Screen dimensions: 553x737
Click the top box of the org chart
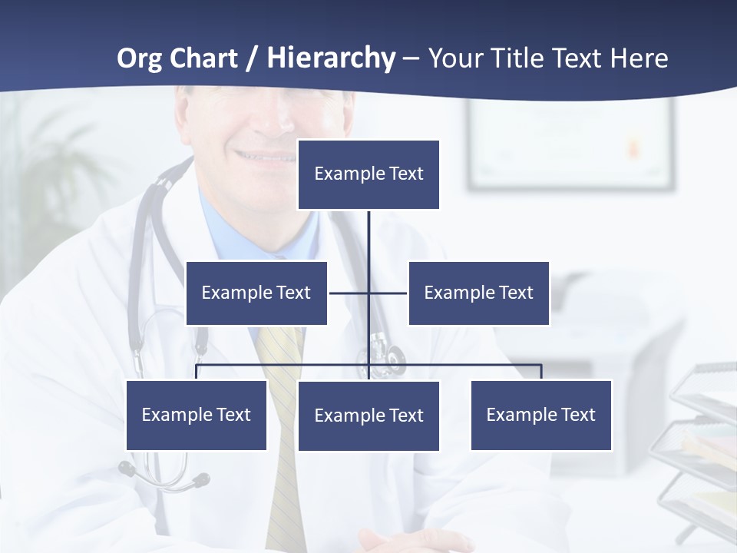pyautogui.click(x=368, y=174)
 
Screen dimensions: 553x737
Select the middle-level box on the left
pyautogui.click(x=256, y=293)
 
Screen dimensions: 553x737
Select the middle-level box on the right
pyautogui.click(x=478, y=293)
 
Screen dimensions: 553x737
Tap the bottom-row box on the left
pyautogui.click(x=197, y=415)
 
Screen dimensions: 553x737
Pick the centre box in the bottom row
pyautogui.click(x=368, y=416)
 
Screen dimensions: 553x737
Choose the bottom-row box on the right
pyautogui.click(x=541, y=415)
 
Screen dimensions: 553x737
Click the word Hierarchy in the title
pyautogui.click(x=331, y=58)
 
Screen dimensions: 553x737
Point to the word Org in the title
pyautogui.click(x=139, y=58)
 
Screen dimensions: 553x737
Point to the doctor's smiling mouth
pyautogui.click(x=265, y=157)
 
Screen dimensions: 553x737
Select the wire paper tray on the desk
pyautogui.click(x=702, y=445)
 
